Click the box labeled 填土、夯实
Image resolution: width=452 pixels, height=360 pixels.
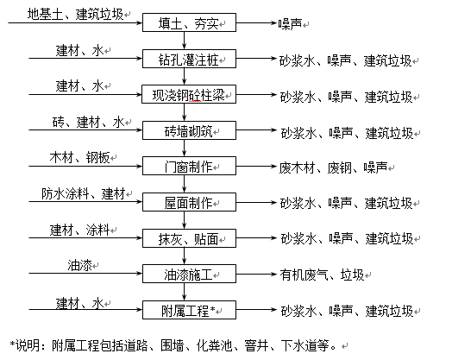pos(189,22)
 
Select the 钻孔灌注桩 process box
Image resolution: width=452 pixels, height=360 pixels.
pos(189,59)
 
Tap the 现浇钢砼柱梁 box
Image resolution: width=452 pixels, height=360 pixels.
pos(189,94)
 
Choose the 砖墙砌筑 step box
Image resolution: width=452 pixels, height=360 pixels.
pos(189,130)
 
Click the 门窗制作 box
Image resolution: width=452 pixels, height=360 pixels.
pos(189,166)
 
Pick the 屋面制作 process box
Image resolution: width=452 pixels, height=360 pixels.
pos(189,202)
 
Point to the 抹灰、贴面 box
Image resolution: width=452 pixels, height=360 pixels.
pos(189,238)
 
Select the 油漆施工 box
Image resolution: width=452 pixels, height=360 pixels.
pos(189,274)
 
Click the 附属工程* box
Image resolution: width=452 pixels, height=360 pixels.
pos(189,310)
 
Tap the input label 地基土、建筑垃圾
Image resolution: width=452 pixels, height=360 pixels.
pos(75,14)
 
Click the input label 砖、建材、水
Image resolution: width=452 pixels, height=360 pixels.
pos(88,123)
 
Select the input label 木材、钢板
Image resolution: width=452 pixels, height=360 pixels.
pos(79,158)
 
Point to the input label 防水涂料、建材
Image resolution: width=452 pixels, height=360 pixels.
pos(84,193)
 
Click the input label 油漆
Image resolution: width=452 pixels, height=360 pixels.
pos(79,265)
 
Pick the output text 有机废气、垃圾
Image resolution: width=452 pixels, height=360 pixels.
pos(322,275)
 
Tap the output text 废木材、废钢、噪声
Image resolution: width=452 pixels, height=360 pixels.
pos(333,167)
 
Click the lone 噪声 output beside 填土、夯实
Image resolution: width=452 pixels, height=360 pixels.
pos(290,24)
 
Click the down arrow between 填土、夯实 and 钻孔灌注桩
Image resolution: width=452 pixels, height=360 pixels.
pos(185,41)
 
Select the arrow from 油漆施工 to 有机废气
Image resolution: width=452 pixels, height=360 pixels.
pos(256,274)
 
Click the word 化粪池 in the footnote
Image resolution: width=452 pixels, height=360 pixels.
pos(215,345)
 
